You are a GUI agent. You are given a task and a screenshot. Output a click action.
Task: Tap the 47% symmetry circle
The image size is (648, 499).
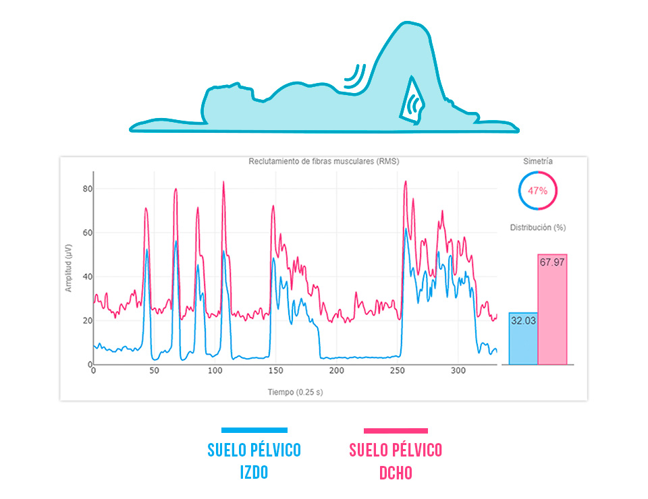point(537,191)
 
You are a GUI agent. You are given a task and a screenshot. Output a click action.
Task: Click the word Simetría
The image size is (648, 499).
point(537,162)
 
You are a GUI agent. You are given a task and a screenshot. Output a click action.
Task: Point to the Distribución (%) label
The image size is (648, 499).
point(538,227)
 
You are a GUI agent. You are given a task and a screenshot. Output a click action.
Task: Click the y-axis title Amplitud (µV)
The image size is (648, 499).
point(68,268)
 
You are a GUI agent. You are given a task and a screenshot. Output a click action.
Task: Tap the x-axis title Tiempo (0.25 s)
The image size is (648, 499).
point(295,392)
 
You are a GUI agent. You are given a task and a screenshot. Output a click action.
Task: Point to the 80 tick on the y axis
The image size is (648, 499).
point(87,189)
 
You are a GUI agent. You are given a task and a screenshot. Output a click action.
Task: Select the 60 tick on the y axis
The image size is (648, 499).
point(87,233)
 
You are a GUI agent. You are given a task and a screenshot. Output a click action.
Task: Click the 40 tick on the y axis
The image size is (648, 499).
point(87,276)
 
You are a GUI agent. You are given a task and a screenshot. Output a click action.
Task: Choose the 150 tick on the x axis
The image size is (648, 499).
point(275,372)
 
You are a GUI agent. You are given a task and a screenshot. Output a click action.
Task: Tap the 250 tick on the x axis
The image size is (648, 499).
point(397,372)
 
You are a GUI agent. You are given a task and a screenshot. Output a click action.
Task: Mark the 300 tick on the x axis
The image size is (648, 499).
point(458,372)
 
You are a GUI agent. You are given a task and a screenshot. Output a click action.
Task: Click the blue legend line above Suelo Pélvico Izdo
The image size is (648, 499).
point(254,430)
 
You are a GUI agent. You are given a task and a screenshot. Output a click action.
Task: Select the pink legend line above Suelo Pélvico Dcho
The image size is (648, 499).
point(396,430)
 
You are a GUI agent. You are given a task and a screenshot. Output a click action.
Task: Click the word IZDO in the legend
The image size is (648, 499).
point(254,472)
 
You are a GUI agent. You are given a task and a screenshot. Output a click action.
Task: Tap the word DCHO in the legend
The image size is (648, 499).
point(396,472)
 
